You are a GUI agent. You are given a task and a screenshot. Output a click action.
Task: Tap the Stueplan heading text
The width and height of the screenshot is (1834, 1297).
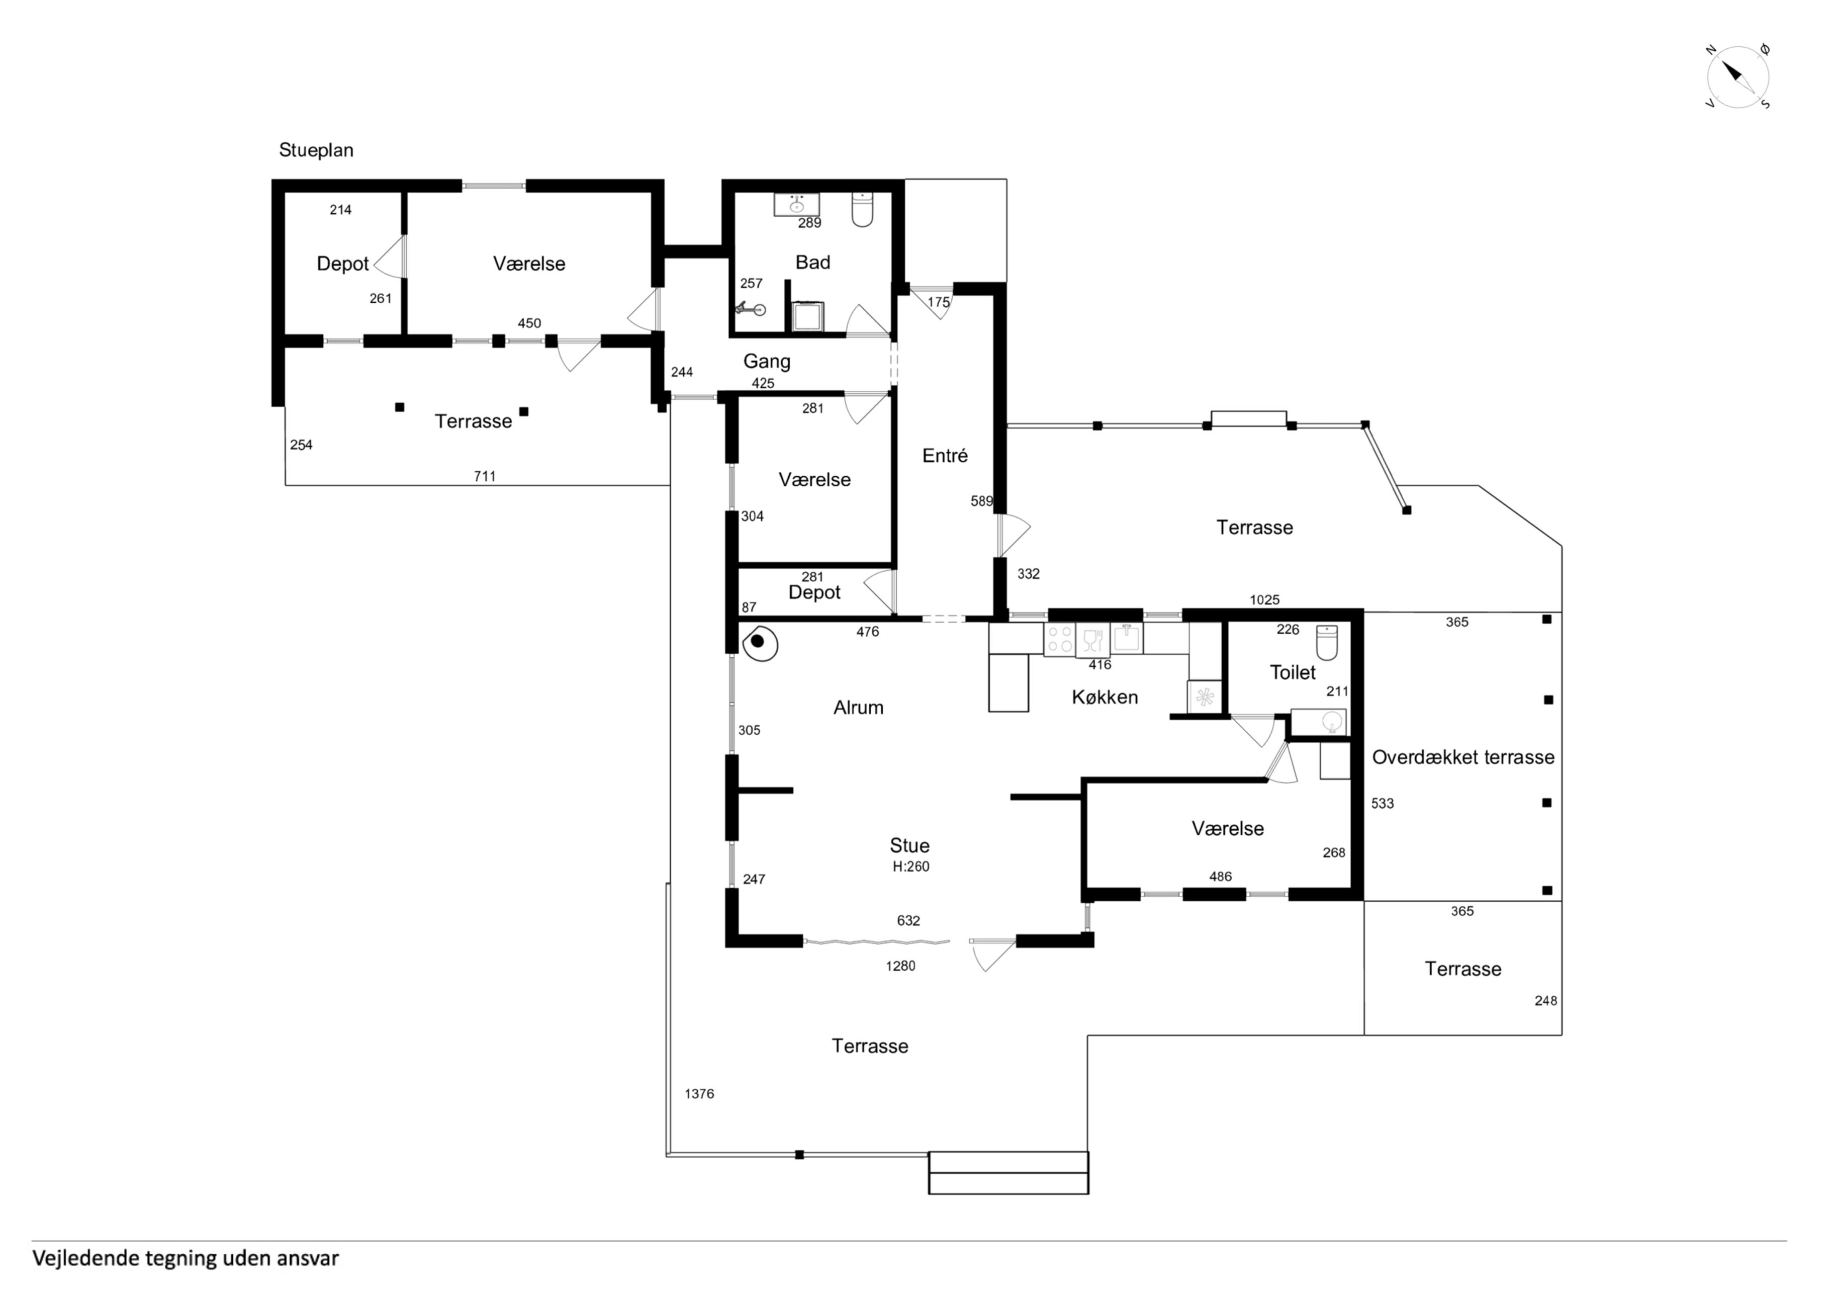pyautogui.click(x=316, y=150)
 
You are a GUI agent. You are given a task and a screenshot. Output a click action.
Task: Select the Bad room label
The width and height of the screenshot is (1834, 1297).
pyautogui.click(x=812, y=262)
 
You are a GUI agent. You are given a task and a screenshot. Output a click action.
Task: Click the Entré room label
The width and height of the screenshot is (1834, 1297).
pyautogui.click(x=945, y=456)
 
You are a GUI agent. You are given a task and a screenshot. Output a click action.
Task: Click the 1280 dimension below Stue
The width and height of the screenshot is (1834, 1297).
pyautogui.click(x=900, y=966)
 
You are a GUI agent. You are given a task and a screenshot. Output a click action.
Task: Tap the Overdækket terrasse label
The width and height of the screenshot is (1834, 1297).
pyautogui.click(x=1463, y=757)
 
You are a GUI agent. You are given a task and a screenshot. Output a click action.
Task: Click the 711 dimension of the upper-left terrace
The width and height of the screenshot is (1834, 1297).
pyautogui.click(x=485, y=476)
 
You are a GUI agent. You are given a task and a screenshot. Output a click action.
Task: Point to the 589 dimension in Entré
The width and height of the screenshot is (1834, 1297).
pyautogui.click(x=982, y=501)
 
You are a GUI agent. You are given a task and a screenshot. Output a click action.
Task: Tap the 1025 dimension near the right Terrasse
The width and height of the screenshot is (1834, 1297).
pyautogui.click(x=1264, y=599)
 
